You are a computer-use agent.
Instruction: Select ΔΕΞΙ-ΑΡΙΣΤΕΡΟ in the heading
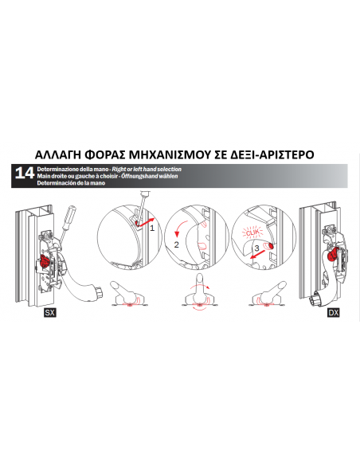click(271, 154)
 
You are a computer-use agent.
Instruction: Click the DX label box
click(333, 314)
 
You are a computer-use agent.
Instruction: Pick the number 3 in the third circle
click(255, 248)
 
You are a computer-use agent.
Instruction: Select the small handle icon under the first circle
click(127, 295)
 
